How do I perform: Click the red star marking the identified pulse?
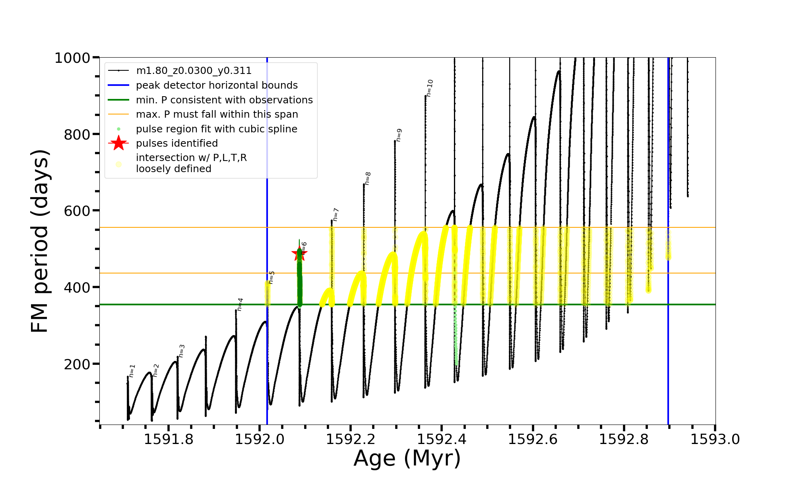point(299,254)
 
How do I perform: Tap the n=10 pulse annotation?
point(430,88)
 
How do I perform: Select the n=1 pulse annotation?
point(132,370)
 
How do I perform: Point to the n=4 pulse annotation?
point(240,304)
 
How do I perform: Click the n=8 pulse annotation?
point(368,178)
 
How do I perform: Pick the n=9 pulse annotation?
point(399,135)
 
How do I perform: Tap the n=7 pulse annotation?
point(336,214)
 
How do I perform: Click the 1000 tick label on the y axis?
point(72,58)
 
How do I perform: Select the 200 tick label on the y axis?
point(77,364)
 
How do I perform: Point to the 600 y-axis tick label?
point(77,211)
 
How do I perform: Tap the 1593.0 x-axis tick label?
point(715,439)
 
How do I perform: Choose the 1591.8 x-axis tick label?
point(169,439)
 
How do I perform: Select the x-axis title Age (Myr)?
point(407,458)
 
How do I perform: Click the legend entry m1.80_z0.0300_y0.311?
point(194,71)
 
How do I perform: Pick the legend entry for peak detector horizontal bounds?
point(217,85)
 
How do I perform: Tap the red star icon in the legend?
point(118,143)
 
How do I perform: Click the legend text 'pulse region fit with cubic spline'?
point(216,129)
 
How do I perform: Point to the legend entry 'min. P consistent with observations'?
point(224,100)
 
